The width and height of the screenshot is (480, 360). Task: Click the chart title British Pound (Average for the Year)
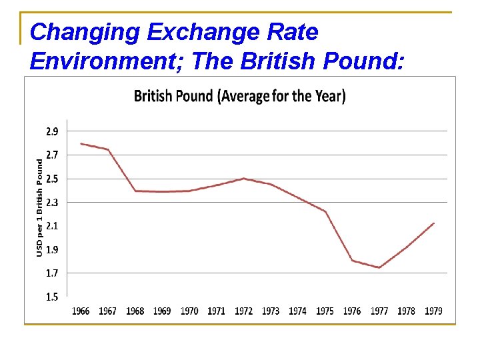point(240,96)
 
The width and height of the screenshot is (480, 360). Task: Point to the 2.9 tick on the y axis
point(52,131)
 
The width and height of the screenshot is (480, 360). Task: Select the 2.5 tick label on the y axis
point(52,179)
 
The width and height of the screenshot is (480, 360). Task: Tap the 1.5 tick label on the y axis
point(52,297)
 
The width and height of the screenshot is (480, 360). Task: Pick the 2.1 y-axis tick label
point(52,226)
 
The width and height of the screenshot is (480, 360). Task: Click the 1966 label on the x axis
point(81,311)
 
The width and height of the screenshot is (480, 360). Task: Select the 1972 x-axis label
point(244,311)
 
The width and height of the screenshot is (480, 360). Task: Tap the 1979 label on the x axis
point(433,311)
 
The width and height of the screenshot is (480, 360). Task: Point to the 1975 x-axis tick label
point(325,311)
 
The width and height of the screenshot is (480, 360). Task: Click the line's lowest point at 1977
point(379,267)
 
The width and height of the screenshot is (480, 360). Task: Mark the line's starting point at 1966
point(81,143)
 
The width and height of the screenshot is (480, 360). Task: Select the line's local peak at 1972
point(244,178)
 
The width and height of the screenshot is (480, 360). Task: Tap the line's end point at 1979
point(434,223)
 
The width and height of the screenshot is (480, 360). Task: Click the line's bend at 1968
point(135,191)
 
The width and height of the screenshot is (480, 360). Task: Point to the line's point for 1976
point(353,260)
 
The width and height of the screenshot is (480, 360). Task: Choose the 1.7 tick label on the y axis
point(52,273)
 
